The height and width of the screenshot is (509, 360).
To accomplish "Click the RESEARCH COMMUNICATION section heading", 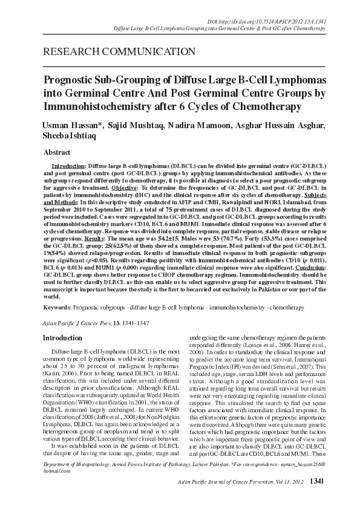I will click(x=119, y=51).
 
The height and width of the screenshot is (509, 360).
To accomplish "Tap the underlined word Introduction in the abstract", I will click(x=68, y=165).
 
